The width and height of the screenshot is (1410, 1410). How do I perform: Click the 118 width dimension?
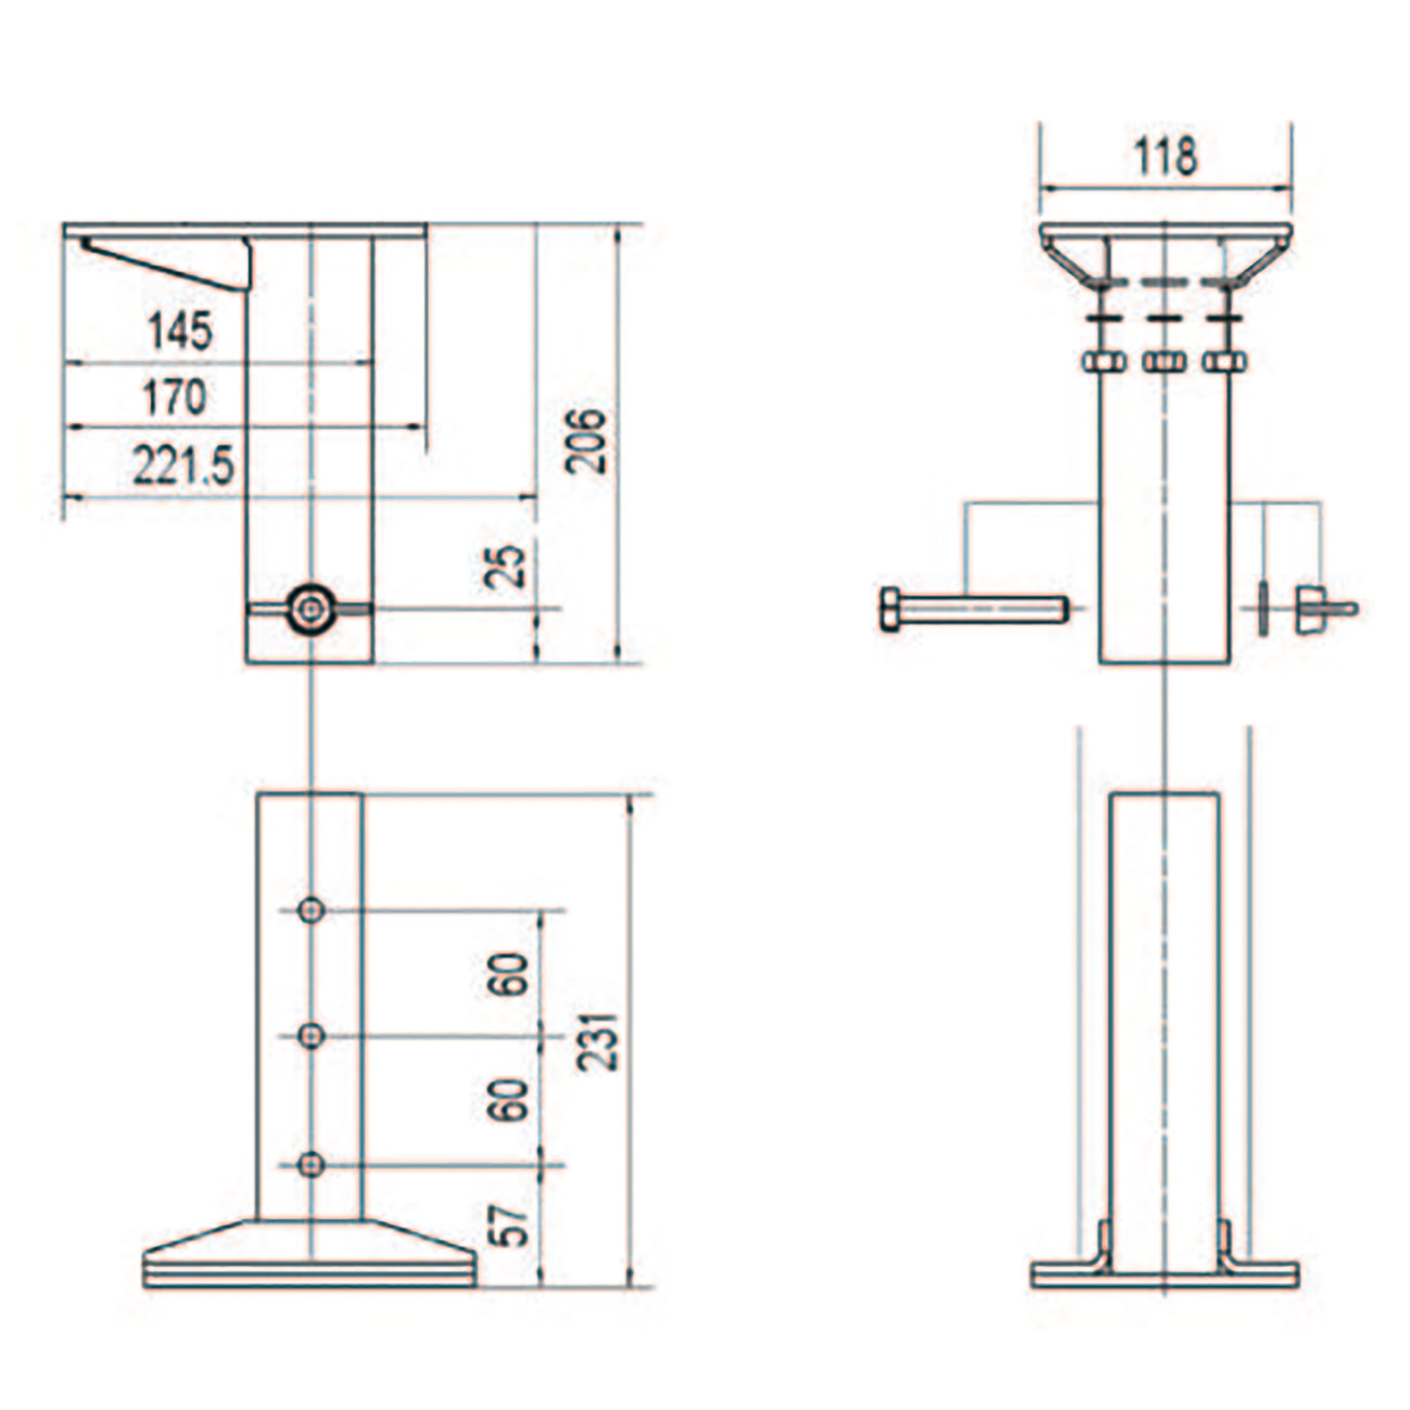pyautogui.click(x=1165, y=157)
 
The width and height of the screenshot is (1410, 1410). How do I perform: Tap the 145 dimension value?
pyautogui.click(x=180, y=330)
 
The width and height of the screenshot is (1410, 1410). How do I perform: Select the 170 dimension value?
pyautogui.click(x=174, y=397)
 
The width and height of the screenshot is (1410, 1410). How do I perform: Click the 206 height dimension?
pyautogui.click(x=586, y=441)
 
